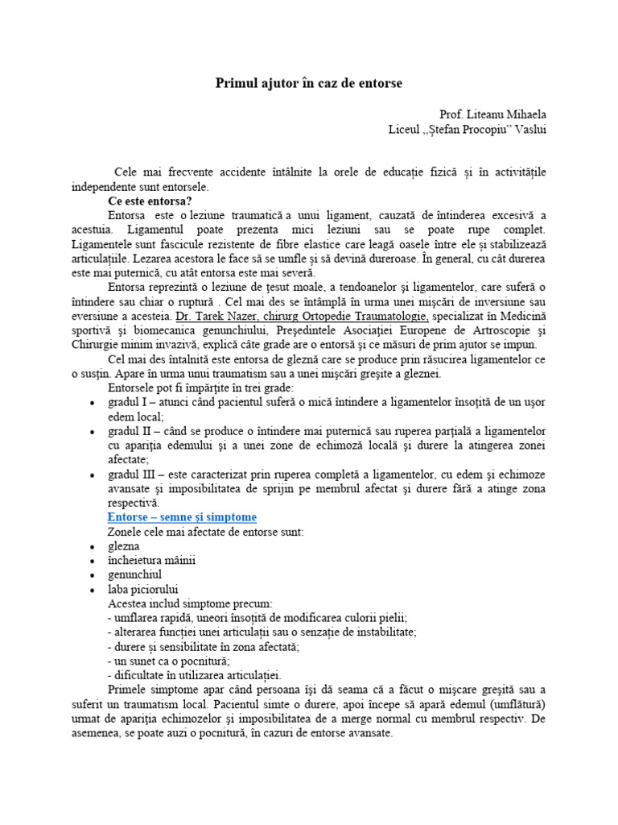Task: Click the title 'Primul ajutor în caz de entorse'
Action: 309,83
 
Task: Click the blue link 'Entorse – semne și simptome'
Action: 182,516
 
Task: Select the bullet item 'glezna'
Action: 123,545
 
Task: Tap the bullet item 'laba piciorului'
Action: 142,589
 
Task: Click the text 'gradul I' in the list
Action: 127,402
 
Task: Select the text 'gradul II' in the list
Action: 129,431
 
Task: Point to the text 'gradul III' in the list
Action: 131,474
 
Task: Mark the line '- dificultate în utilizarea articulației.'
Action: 194,675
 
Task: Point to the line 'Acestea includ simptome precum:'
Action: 190,603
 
